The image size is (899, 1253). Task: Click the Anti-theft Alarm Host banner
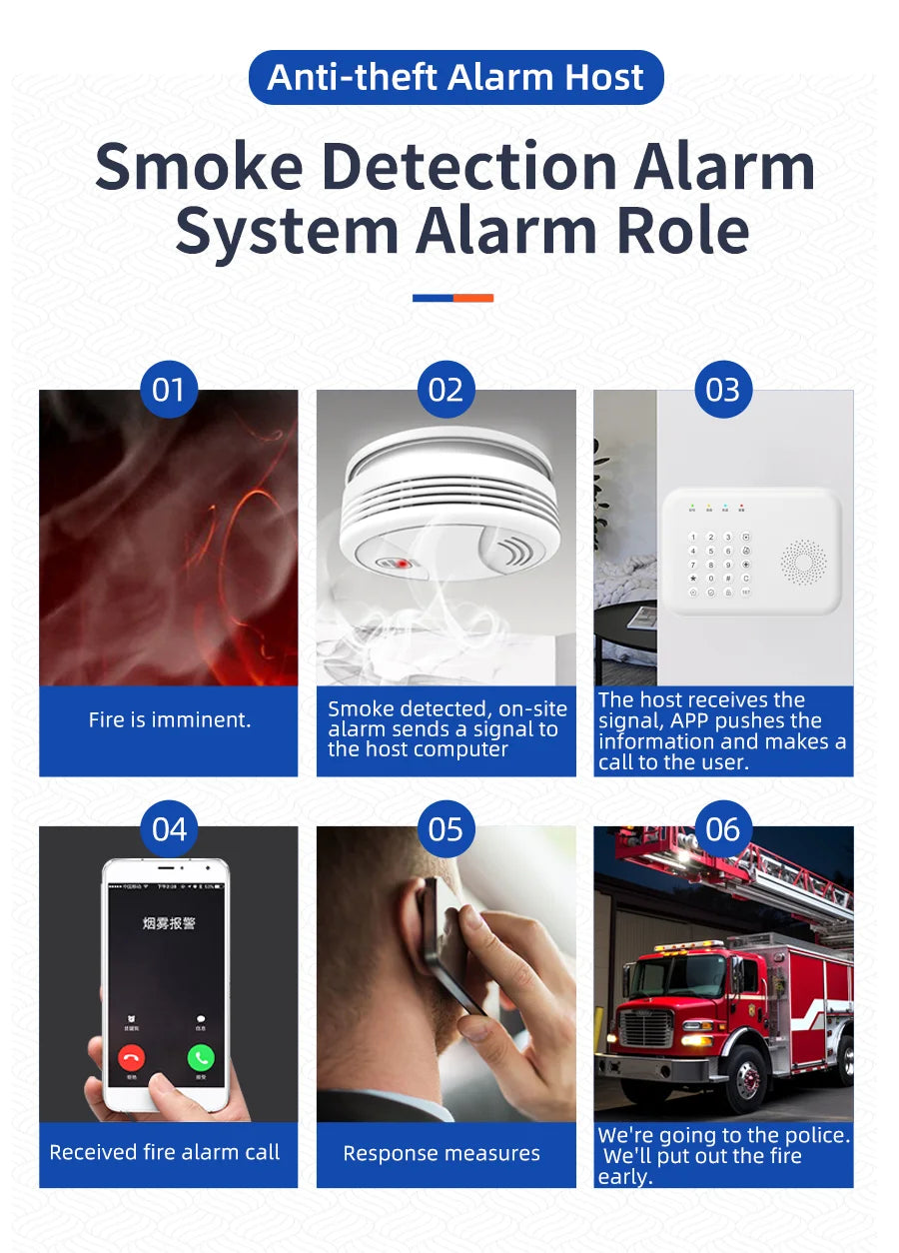pos(455,77)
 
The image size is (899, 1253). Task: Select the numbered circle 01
pos(169,389)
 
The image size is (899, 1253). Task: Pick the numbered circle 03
pos(723,389)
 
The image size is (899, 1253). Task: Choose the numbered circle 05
pos(446,828)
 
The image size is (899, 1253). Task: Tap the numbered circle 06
pos(723,828)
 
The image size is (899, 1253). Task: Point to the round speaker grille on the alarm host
pos(803,563)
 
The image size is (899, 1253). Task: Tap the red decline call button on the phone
pos(131,1057)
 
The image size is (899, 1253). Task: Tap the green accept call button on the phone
pos(201,1057)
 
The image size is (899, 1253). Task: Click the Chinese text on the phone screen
pos(168,923)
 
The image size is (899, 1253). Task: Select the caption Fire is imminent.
pos(169,719)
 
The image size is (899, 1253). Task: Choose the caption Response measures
pos(442,1153)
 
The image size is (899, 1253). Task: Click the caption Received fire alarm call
pos(165,1152)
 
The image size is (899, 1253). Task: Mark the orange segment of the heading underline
pos(473,298)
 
